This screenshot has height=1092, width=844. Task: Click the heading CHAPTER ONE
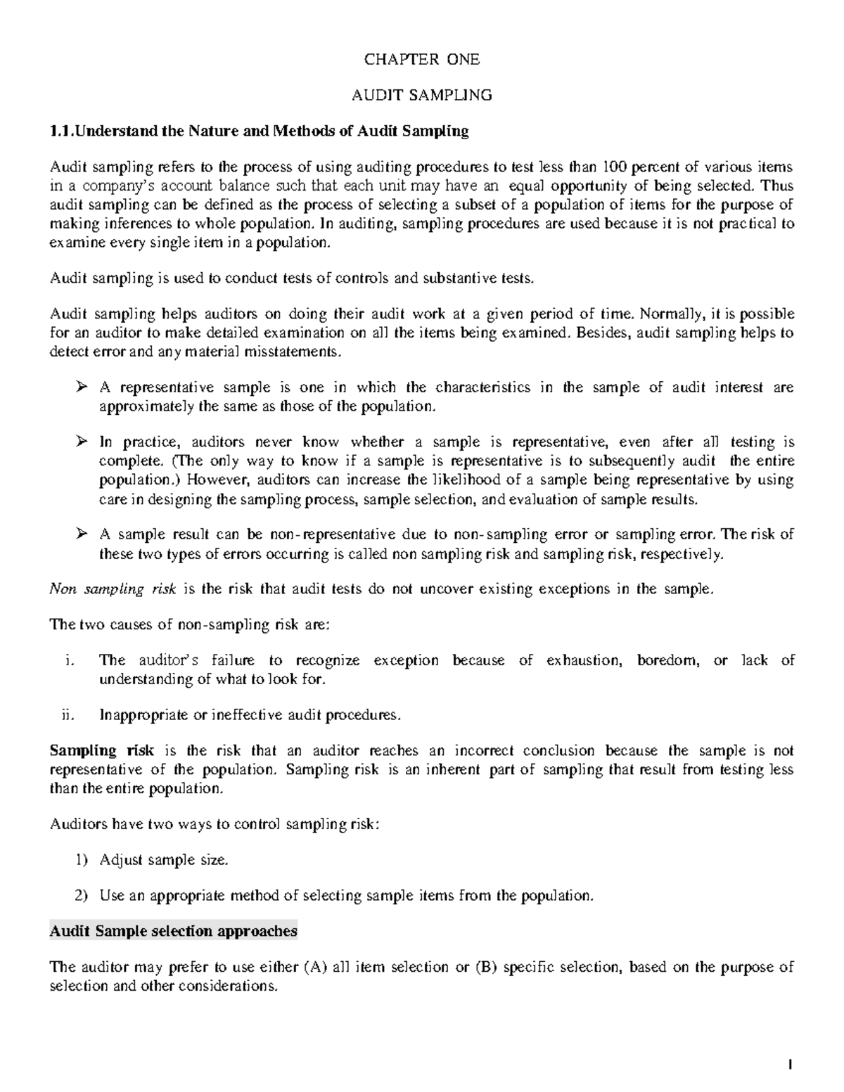421,60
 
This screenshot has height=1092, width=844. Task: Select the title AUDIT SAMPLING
421,95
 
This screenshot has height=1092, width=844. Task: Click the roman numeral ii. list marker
66,715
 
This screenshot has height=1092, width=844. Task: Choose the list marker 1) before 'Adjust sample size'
82,860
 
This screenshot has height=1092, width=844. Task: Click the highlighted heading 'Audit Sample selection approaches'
173,931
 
